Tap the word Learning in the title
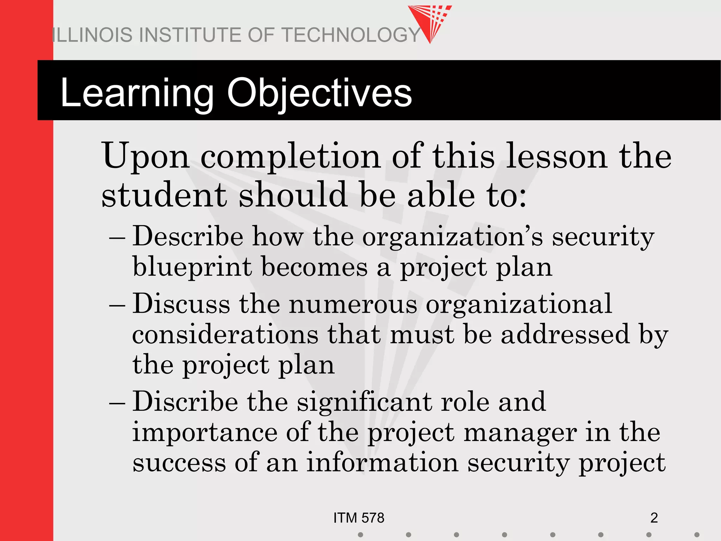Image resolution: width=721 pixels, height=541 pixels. [137, 93]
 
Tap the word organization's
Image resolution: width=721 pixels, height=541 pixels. [452, 237]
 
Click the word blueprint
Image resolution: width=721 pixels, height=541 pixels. [192, 267]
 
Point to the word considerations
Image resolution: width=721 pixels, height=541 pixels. [225, 334]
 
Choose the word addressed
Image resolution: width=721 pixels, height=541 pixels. [565, 334]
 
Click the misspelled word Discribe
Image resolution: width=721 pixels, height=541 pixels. [185, 402]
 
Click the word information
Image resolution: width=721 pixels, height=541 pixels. [382, 463]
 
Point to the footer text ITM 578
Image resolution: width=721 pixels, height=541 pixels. [359, 518]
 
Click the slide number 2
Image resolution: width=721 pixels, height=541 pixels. [654, 518]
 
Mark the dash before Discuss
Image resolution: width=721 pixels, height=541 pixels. [117, 305]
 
